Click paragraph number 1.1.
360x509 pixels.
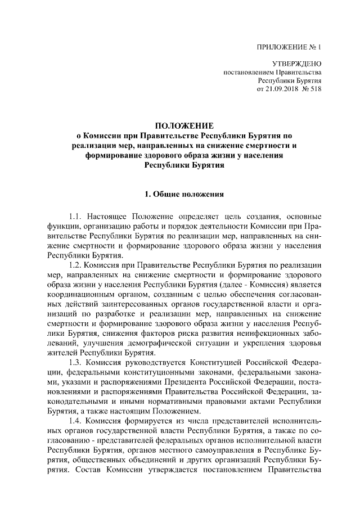click(x=76, y=217)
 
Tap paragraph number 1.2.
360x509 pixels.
click(x=76, y=264)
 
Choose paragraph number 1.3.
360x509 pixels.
click(x=76, y=361)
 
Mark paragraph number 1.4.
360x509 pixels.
click(x=76, y=420)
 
